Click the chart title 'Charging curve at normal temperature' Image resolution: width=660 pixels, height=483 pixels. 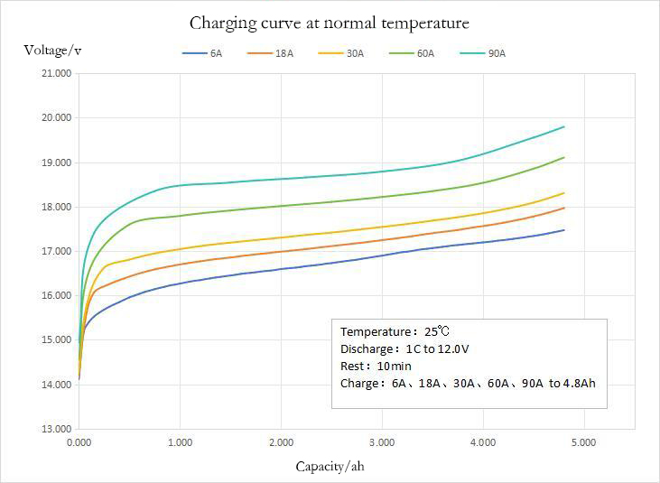click(x=329, y=22)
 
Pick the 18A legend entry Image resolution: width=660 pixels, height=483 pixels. click(x=272, y=54)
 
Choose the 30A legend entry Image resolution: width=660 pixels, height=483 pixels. click(x=341, y=54)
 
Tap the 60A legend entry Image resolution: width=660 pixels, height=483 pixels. click(x=412, y=54)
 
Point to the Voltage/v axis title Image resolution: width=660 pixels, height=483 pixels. click(x=52, y=50)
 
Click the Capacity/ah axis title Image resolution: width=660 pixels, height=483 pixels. click(x=330, y=466)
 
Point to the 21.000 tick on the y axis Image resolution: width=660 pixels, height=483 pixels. click(x=57, y=74)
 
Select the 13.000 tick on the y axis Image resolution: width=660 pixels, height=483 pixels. click(x=57, y=429)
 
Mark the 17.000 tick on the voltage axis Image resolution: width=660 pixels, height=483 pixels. click(x=57, y=251)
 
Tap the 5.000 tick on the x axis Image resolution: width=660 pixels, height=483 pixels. click(x=583, y=443)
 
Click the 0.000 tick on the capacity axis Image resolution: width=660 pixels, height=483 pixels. click(x=79, y=443)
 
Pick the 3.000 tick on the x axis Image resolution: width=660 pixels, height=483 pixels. click(x=382, y=443)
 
